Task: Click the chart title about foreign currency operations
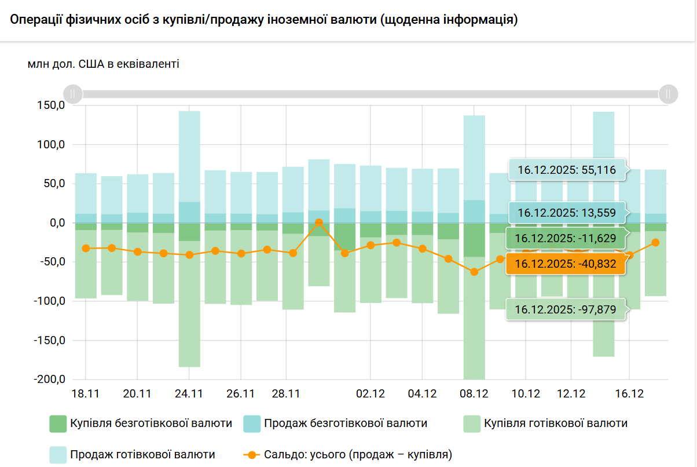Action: coord(263,20)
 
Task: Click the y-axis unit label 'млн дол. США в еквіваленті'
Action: coord(103,64)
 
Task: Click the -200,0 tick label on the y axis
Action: coord(49,380)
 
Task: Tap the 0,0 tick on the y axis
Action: coord(56,223)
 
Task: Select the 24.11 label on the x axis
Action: coord(189,394)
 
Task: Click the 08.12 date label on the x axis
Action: coord(474,394)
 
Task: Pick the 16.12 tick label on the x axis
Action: coord(629,394)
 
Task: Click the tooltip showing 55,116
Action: coord(566,170)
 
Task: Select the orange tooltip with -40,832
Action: coord(566,264)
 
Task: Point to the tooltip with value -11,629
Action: coord(566,238)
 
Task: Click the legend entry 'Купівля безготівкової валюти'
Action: coord(151,424)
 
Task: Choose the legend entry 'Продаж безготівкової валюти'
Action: coord(346,424)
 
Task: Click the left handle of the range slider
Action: coord(73,93)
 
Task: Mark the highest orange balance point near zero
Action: coord(319,222)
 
